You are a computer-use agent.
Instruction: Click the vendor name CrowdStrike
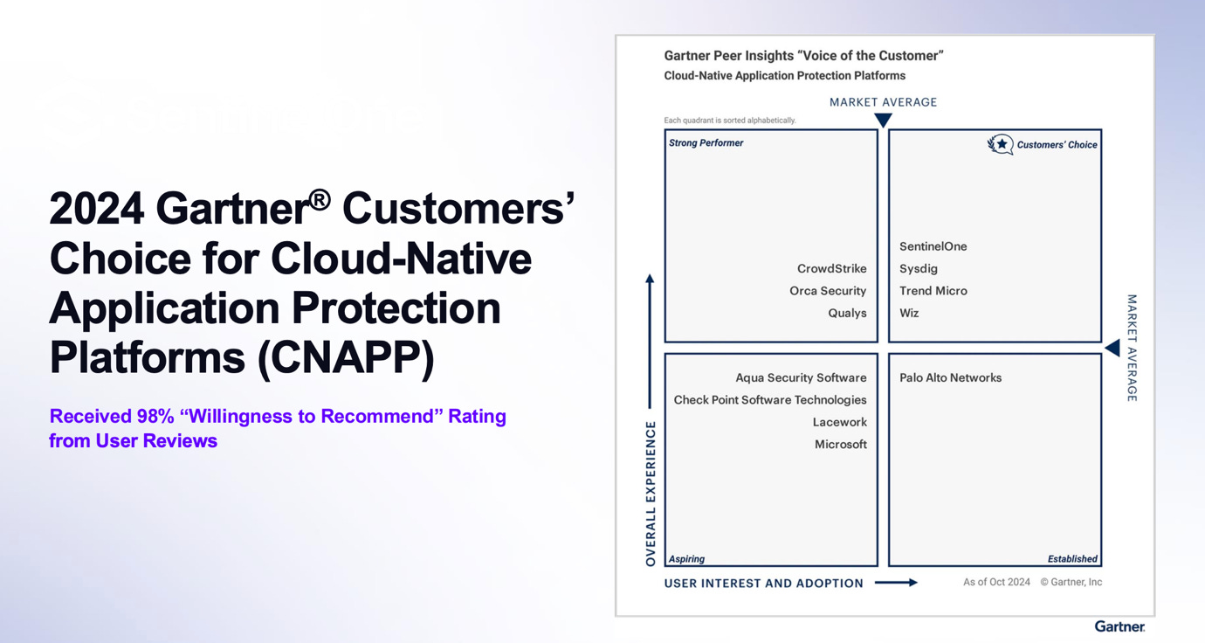(x=831, y=269)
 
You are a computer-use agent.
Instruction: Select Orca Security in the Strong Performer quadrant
(x=828, y=291)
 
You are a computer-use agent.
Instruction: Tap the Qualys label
(x=847, y=313)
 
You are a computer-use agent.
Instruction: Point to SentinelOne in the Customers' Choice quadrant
(x=933, y=246)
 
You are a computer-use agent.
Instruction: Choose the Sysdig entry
(x=918, y=269)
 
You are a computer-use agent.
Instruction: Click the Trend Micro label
(x=933, y=291)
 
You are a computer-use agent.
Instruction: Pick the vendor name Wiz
(x=909, y=313)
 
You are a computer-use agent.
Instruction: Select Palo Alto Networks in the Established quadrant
(x=950, y=377)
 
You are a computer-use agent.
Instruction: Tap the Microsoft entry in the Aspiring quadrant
(x=840, y=444)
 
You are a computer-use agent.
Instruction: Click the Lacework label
(x=839, y=422)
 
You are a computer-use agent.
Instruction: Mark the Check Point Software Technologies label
(x=769, y=400)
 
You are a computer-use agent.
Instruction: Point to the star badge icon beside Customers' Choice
(x=1000, y=144)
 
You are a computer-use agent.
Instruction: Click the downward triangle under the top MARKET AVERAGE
(x=883, y=120)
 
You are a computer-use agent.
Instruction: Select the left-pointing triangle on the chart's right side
(x=1112, y=349)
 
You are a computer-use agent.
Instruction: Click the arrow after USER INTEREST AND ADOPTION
(x=896, y=583)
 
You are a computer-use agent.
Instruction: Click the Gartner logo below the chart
(x=1119, y=626)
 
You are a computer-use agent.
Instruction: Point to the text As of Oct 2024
(x=996, y=582)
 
